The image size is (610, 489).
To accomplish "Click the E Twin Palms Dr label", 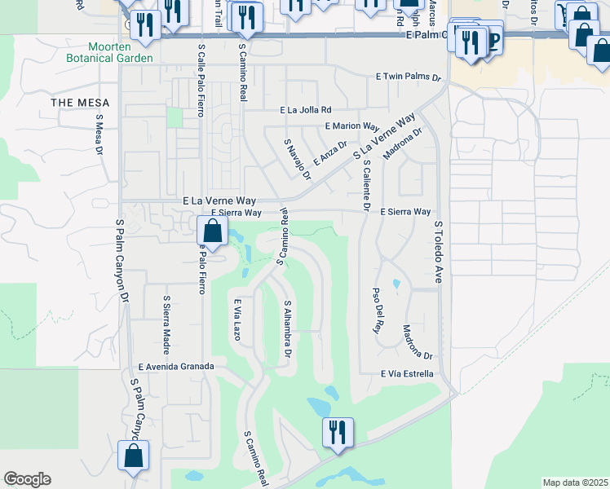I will pyautogui.click(x=408, y=77).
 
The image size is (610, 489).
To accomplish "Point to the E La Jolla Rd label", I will pyautogui.click(x=306, y=110).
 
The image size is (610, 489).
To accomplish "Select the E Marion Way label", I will pyautogui.click(x=352, y=126).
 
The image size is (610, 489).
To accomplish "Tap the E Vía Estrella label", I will pyautogui.click(x=405, y=374).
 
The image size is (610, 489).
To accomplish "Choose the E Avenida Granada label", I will pyautogui.click(x=175, y=367).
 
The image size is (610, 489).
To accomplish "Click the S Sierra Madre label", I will pyautogui.click(x=166, y=326).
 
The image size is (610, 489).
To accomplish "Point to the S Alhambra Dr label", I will pyautogui.click(x=287, y=331).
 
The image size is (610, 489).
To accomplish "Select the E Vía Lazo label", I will pyautogui.click(x=238, y=319).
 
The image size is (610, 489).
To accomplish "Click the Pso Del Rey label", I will pyautogui.click(x=377, y=311).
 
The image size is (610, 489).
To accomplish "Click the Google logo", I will pyautogui.click(x=27, y=479).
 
